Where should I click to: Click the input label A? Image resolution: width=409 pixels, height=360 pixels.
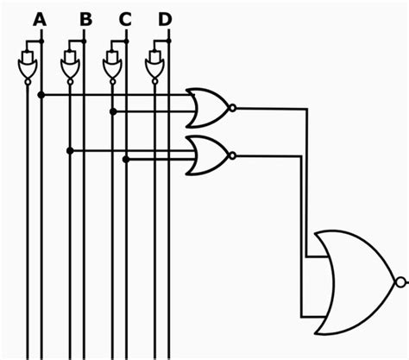point(40,18)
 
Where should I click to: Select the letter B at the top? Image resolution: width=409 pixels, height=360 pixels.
point(85,18)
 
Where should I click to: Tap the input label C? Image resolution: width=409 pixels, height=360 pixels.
point(125,18)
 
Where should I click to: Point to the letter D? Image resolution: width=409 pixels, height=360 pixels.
point(166,18)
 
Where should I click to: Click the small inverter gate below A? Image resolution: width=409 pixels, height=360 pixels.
point(28,66)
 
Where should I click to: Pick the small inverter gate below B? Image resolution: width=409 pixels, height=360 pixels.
point(70,66)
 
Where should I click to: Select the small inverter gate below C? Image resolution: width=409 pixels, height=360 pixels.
point(112,66)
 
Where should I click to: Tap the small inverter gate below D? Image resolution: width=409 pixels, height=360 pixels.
point(154,66)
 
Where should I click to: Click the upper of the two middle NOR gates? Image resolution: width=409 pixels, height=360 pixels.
point(208,107)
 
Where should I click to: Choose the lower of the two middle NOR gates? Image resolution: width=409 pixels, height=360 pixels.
point(208,155)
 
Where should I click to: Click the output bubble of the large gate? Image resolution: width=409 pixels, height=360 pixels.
point(399,282)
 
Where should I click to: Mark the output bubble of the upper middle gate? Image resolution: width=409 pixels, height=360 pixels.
point(233,108)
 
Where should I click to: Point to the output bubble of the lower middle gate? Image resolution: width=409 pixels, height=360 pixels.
point(233,155)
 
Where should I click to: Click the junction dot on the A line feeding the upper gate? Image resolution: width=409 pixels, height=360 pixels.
point(41,93)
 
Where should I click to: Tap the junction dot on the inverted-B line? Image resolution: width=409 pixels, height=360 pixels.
point(70,150)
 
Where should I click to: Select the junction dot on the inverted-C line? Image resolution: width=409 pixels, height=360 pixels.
point(112,111)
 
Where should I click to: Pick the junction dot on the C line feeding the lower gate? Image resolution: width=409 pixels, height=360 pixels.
point(127,159)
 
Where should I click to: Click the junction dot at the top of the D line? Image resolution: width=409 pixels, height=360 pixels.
point(168,41)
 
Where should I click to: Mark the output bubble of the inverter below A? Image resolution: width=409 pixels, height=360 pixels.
point(28,83)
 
